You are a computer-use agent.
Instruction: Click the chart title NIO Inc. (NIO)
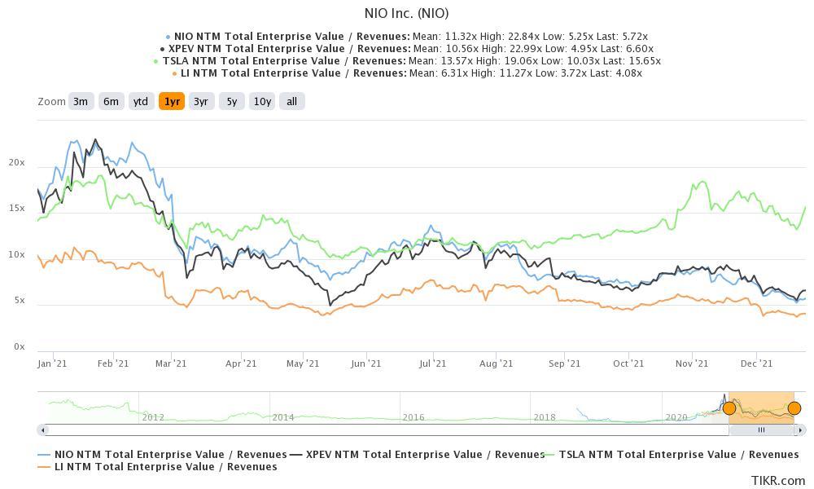405,13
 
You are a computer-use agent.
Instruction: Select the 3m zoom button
80,102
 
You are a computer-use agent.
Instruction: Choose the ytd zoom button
141,102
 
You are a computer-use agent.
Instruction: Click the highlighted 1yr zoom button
172,102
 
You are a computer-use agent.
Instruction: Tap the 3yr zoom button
200,102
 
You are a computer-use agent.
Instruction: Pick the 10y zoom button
262,102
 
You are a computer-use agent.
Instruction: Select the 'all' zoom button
291,102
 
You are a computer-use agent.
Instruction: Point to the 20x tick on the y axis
16,163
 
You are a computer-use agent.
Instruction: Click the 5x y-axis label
18,301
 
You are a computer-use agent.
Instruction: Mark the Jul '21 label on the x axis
432,363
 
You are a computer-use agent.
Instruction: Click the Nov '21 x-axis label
691,363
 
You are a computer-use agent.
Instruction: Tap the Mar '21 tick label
171,363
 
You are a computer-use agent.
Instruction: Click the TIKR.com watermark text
777,481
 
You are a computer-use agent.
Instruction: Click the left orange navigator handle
729,408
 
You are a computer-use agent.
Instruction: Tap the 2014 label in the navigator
282,417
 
